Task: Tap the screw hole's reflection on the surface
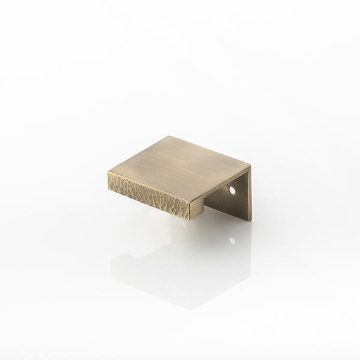[232, 241]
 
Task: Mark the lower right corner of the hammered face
[191, 220]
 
